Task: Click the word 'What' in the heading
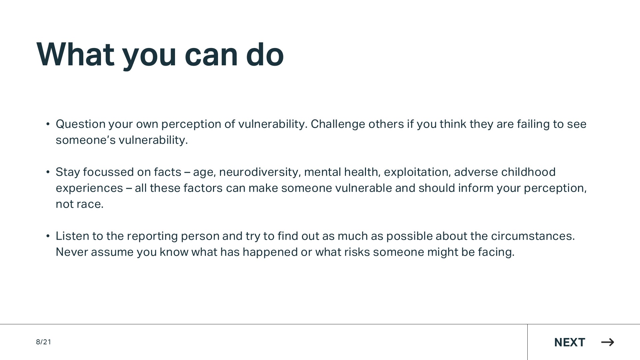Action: pyautogui.click(x=75, y=54)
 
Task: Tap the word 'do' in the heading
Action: pyautogui.click(x=265, y=54)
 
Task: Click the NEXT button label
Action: pyautogui.click(x=570, y=342)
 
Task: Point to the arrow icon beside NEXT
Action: pyautogui.click(x=608, y=342)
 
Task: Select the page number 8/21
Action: pyautogui.click(x=44, y=342)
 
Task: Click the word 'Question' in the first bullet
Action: pyautogui.click(x=81, y=124)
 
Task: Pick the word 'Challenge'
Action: pyautogui.click(x=338, y=124)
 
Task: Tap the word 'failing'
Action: pyautogui.click(x=533, y=124)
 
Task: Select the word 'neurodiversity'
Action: pyautogui.click(x=260, y=172)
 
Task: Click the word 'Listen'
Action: pyautogui.click(x=72, y=236)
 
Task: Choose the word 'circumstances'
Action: pyautogui.click(x=533, y=236)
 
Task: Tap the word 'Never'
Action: pyautogui.click(x=72, y=252)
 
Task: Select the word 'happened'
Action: pyautogui.click(x=270, y=252)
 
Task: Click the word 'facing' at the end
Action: pyautogui.click(x=496, y=252)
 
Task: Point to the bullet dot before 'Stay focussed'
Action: pyautogui.click(x=48, y=172)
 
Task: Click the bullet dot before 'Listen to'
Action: pyautogui.click(x=48, y=236)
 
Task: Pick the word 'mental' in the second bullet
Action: pyautogui.click(x=322, y=172)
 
